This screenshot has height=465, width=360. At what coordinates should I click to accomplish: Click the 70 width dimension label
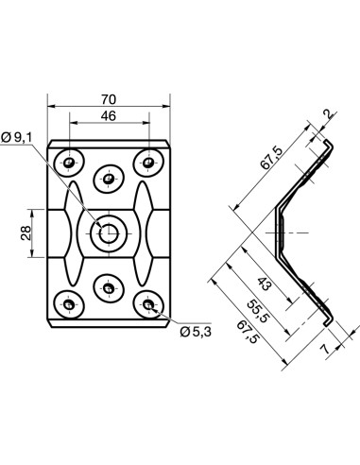click(109, 99)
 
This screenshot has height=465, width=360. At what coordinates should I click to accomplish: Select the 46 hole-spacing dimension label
click(109, 116)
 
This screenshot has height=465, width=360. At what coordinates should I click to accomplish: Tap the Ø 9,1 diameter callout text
click(18, 137)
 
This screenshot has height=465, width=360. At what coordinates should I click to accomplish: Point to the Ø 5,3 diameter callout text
click(196, 332)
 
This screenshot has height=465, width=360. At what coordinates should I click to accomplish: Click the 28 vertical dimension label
click(26, 233)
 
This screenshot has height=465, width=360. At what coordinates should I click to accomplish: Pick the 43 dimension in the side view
click(264, 284)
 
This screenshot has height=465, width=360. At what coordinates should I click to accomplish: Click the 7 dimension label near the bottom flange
click(324, 349)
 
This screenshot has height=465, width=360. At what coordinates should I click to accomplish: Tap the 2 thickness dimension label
click(329, 114)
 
